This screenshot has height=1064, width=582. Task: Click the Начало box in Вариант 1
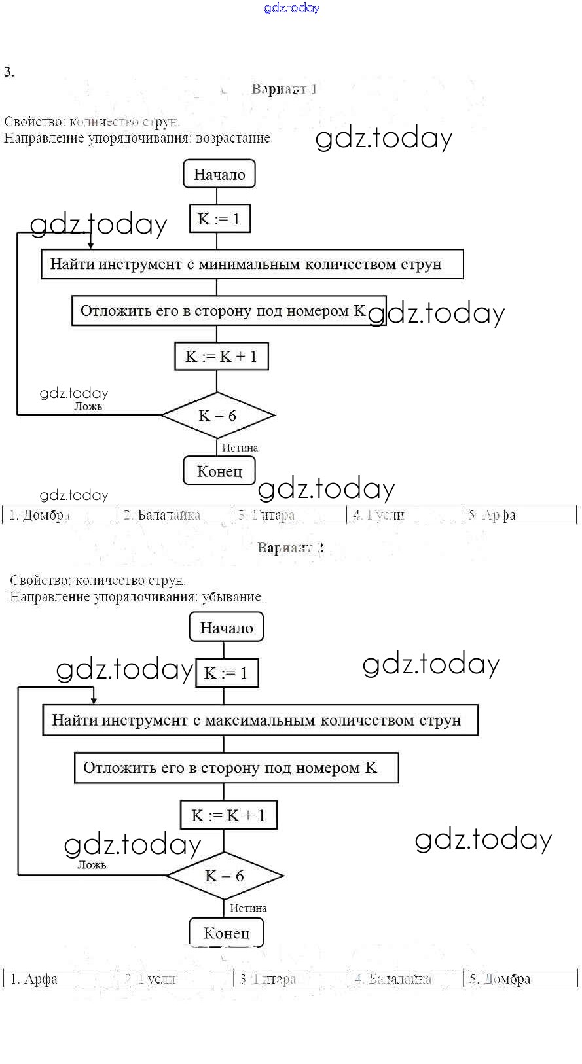(219, 175)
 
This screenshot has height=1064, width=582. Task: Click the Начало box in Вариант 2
(226, 628)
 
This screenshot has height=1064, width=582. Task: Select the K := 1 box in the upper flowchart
(219, 219)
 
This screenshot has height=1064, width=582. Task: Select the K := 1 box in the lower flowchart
(227, 673)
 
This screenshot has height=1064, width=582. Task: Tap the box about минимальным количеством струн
(252, 264)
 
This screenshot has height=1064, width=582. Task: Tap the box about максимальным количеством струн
(260, 720)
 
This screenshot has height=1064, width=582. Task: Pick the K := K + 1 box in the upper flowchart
(221, 357)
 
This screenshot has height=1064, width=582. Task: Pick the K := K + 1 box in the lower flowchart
(228, 815)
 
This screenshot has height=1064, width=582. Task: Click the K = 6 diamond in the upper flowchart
(217, 416)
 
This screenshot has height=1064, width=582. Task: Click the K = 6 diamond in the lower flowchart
(225, 876)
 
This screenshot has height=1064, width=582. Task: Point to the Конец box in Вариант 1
(219, 471)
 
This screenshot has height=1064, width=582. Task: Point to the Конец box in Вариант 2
(227, 933)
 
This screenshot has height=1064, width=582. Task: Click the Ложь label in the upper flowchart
(88, 406)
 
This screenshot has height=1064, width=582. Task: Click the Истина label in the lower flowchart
(248, 908)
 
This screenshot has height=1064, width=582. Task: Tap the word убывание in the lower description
(232, 597)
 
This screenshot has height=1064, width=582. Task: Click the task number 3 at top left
(9, 72)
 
